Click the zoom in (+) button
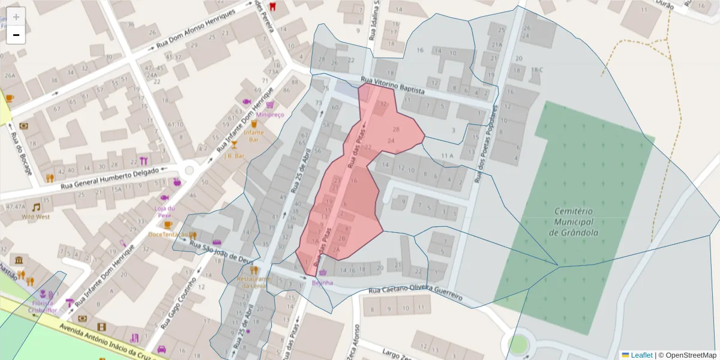tap(16, 17)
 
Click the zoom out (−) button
tap(16, 35)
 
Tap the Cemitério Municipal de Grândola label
tap(574, 222)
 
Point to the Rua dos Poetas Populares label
tap(487, 144)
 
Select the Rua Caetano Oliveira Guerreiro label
tap(416, 293)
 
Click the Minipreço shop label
tap(269, 115)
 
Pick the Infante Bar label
tap(254, 135)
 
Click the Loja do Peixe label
tap(164, 211)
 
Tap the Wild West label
tap(36, 217)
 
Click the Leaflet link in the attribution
tap(641, 355)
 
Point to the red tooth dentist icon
tap(274, 7)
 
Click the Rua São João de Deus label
tap(221, 251)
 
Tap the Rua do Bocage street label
tap(20, 153)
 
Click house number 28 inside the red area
tap(395, 129)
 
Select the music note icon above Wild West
tap(36, 207)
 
